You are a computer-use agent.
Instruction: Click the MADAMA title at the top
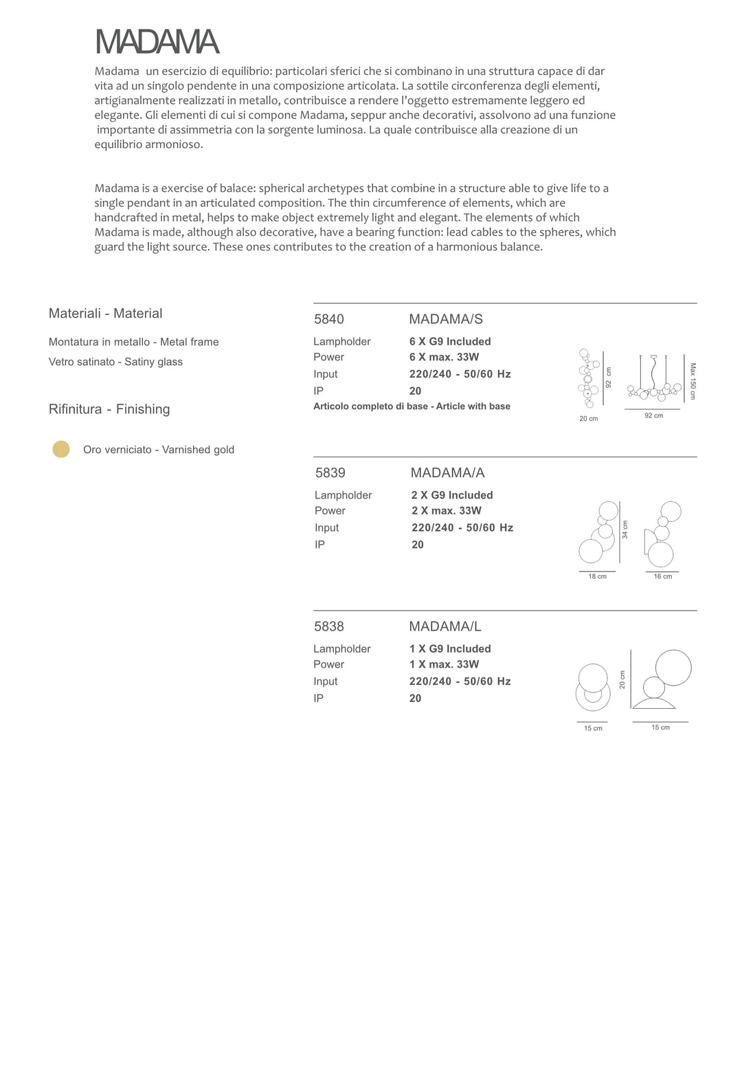pos(157,42)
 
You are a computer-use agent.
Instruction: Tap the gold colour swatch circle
pos(61,449)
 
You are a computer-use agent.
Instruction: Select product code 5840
pos(329,319)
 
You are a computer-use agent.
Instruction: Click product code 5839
pos(330,472)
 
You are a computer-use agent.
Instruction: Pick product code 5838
pos(329,626)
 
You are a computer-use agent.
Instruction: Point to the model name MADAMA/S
pos(446,319)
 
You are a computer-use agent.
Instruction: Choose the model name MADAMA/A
pos(447,472)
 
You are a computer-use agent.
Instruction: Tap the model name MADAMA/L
pos(445,626)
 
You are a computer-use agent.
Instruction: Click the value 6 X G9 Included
pos(450,341)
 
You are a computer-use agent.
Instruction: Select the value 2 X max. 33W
pos(447,510)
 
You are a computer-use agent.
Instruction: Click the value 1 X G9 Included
pos(450,648)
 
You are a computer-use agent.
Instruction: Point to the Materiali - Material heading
pos(106,314)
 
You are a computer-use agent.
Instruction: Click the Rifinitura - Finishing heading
pos(109,409)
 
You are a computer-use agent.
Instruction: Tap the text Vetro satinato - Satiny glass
pos(115,362)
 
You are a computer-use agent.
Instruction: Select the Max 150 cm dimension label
pos(693,381)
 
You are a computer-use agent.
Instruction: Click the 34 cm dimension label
pos(625,529)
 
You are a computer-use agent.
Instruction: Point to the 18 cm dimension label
pos(597,577)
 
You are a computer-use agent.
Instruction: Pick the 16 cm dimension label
pos(663,577)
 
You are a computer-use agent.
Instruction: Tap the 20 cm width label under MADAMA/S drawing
pos(589,419)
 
